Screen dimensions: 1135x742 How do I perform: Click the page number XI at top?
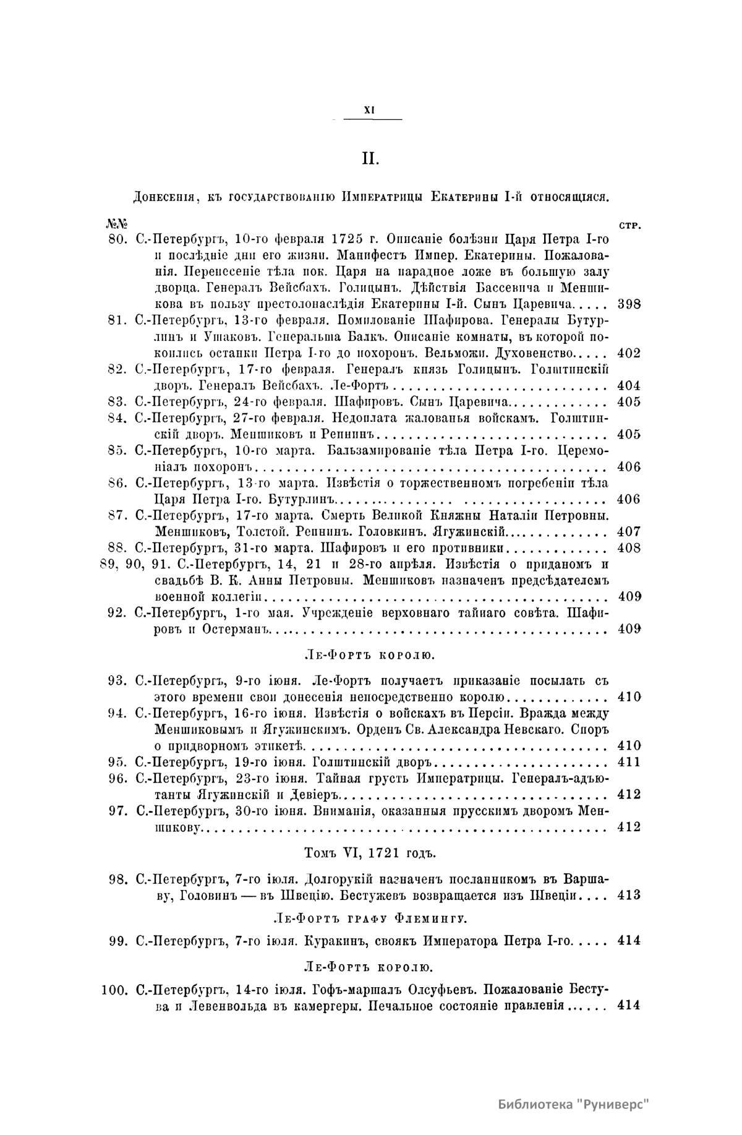point(370,109)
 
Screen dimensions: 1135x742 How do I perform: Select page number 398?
point(629,304)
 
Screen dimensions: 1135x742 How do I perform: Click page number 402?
point(629,354)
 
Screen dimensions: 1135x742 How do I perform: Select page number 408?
point(629,548)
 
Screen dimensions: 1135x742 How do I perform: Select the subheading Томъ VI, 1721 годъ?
point(370,853)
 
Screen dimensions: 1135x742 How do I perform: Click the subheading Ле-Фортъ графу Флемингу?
point(370,918)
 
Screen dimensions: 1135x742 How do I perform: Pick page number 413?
point(629,895)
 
